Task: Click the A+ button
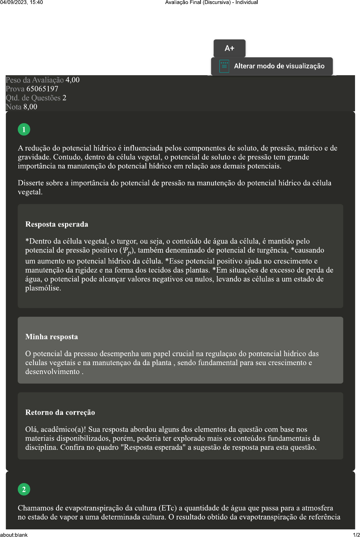[x=229, y=48]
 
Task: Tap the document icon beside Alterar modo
[x=224, y=66]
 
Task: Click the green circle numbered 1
[x=24, y=130]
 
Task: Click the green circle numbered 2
[x=24, y=489]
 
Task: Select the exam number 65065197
[x=42, y=89]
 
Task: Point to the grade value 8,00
[x=30, y=107]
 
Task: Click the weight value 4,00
[x=72, y=80]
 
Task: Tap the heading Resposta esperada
[x=57, y=224]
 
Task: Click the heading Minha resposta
[x=52, y=337]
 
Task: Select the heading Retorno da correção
[x=60, y=412]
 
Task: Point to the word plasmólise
[x=43, y=288]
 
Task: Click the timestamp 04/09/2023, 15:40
[x=22, y=2]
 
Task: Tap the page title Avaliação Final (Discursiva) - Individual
[x=211, y=2]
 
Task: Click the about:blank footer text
[x=14, y=534]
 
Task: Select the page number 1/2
[x=356, y=534]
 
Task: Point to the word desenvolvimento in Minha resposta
[x=52, y=372]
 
